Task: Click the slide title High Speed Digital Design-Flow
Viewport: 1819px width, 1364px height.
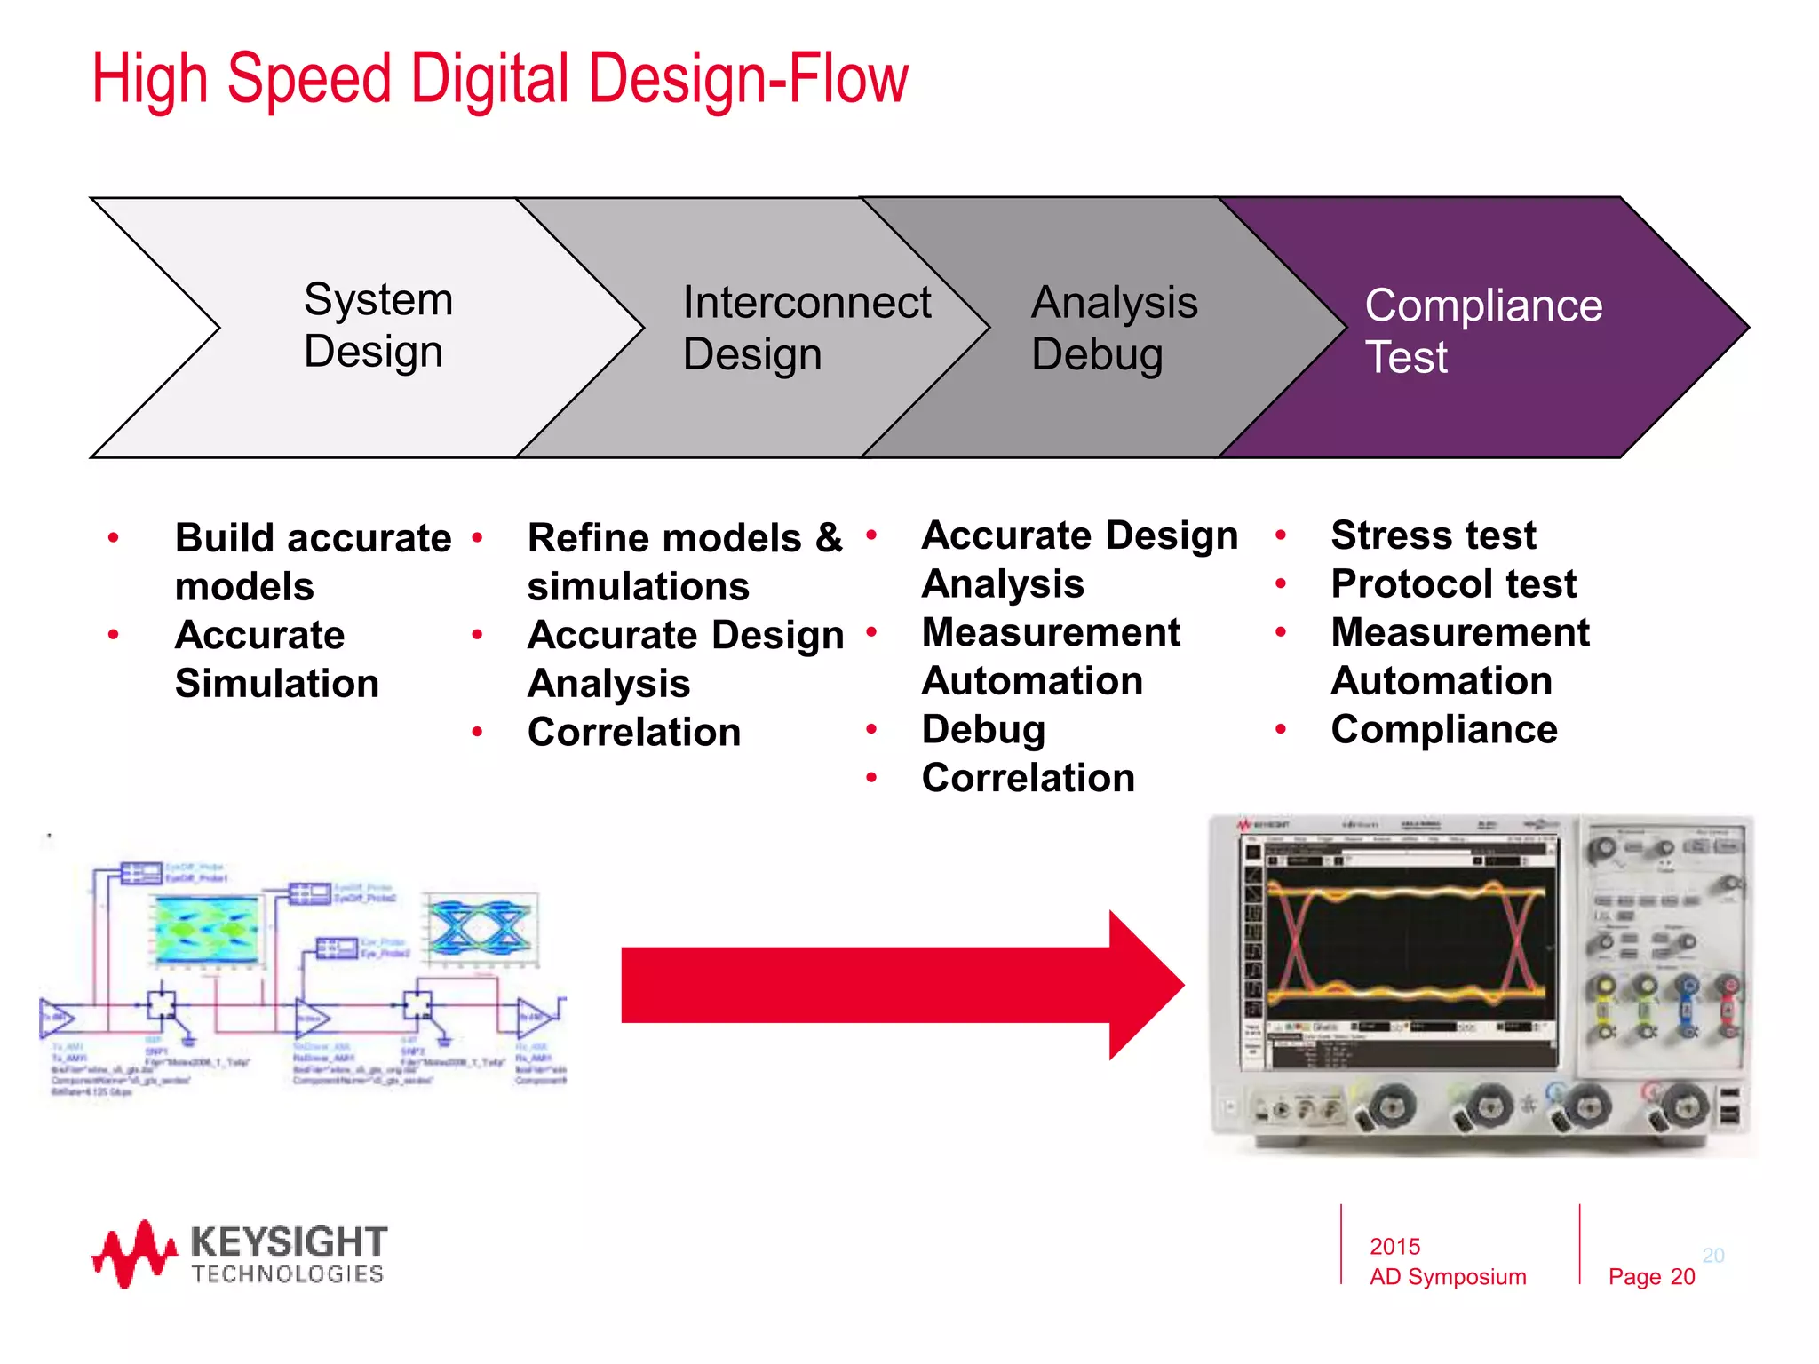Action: (x=500, y=80)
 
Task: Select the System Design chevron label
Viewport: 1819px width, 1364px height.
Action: (x=377, y=325)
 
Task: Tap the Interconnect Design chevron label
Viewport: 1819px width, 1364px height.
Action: (x=806, y=328)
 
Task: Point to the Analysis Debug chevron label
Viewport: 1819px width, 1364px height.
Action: (x=1114, y=328)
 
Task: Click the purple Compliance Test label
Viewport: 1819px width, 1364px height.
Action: (x=1482, y=330)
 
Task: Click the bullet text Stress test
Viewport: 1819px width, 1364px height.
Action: (x=1433, y=535)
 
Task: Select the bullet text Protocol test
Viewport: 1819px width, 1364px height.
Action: (x=1453, y=584)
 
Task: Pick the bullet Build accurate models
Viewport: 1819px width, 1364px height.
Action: (x=313, y=561)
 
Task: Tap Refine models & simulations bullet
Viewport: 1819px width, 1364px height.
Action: (x=684, y=561)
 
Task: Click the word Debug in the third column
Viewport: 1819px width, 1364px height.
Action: (x=983, y=730)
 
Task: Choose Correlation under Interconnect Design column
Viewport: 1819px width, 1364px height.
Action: (x=633, y=733)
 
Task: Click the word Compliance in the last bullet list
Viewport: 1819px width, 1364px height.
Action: (x=1443, y=730)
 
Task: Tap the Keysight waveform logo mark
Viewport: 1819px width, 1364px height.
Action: (x=133, y=1253)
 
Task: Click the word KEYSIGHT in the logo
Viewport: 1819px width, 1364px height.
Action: (x=289, y=1241)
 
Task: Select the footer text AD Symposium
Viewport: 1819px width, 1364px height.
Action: (x=1447, y=1277)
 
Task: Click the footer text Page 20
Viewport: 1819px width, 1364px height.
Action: (x=1650, y=1277)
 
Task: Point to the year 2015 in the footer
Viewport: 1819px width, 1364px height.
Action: (x=1394, y=1247)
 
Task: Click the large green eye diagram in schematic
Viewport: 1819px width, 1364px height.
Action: (x=207, y=929)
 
